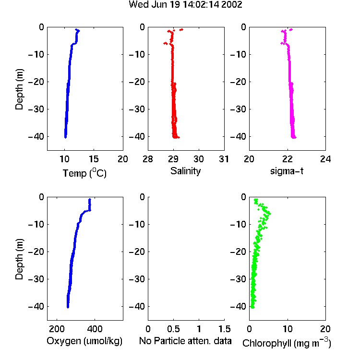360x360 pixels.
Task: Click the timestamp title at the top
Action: [185, 5]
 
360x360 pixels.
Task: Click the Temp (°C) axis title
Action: [84, 173]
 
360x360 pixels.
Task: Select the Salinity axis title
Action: [185, 171]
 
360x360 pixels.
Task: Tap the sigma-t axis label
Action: [287, 171]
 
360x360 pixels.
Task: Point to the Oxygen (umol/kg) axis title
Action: [84, 341]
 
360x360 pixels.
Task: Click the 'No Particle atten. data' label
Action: [185, 341]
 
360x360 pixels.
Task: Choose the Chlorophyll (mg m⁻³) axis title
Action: [287, 343]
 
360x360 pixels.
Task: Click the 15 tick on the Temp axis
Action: [94, 159]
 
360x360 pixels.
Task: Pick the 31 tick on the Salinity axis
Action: [224, 159]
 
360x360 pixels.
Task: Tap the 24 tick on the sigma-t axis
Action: [325, 159]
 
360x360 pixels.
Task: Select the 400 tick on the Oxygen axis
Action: [95, 329]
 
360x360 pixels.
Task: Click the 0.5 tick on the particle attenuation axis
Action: [173, 329]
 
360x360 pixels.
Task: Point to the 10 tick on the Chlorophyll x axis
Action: [288, 329]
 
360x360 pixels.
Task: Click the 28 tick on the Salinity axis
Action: [148, 159]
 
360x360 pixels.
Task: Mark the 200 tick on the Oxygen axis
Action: [57, 329]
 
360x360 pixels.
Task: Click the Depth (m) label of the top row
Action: [19, 89]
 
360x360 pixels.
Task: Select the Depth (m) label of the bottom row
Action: [19, 259]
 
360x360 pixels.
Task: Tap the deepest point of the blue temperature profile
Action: [65, 137]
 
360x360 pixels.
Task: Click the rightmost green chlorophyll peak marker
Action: [270, 214]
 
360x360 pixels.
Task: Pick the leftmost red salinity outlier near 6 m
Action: [165, 43]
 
